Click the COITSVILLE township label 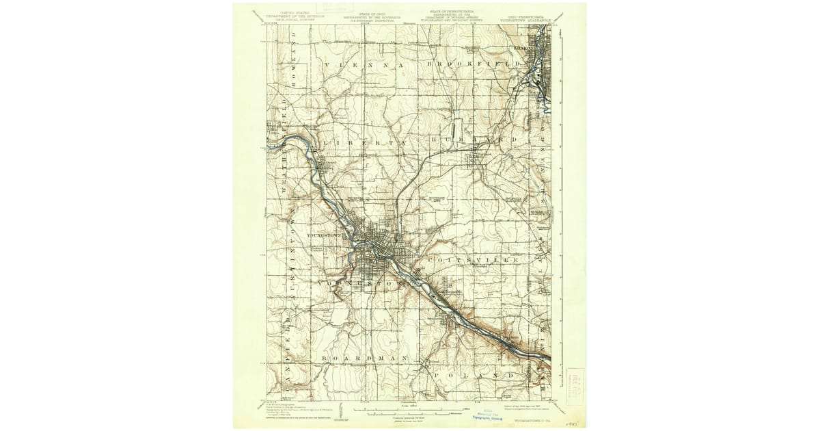click(471, 261)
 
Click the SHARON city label click(523, 50)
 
